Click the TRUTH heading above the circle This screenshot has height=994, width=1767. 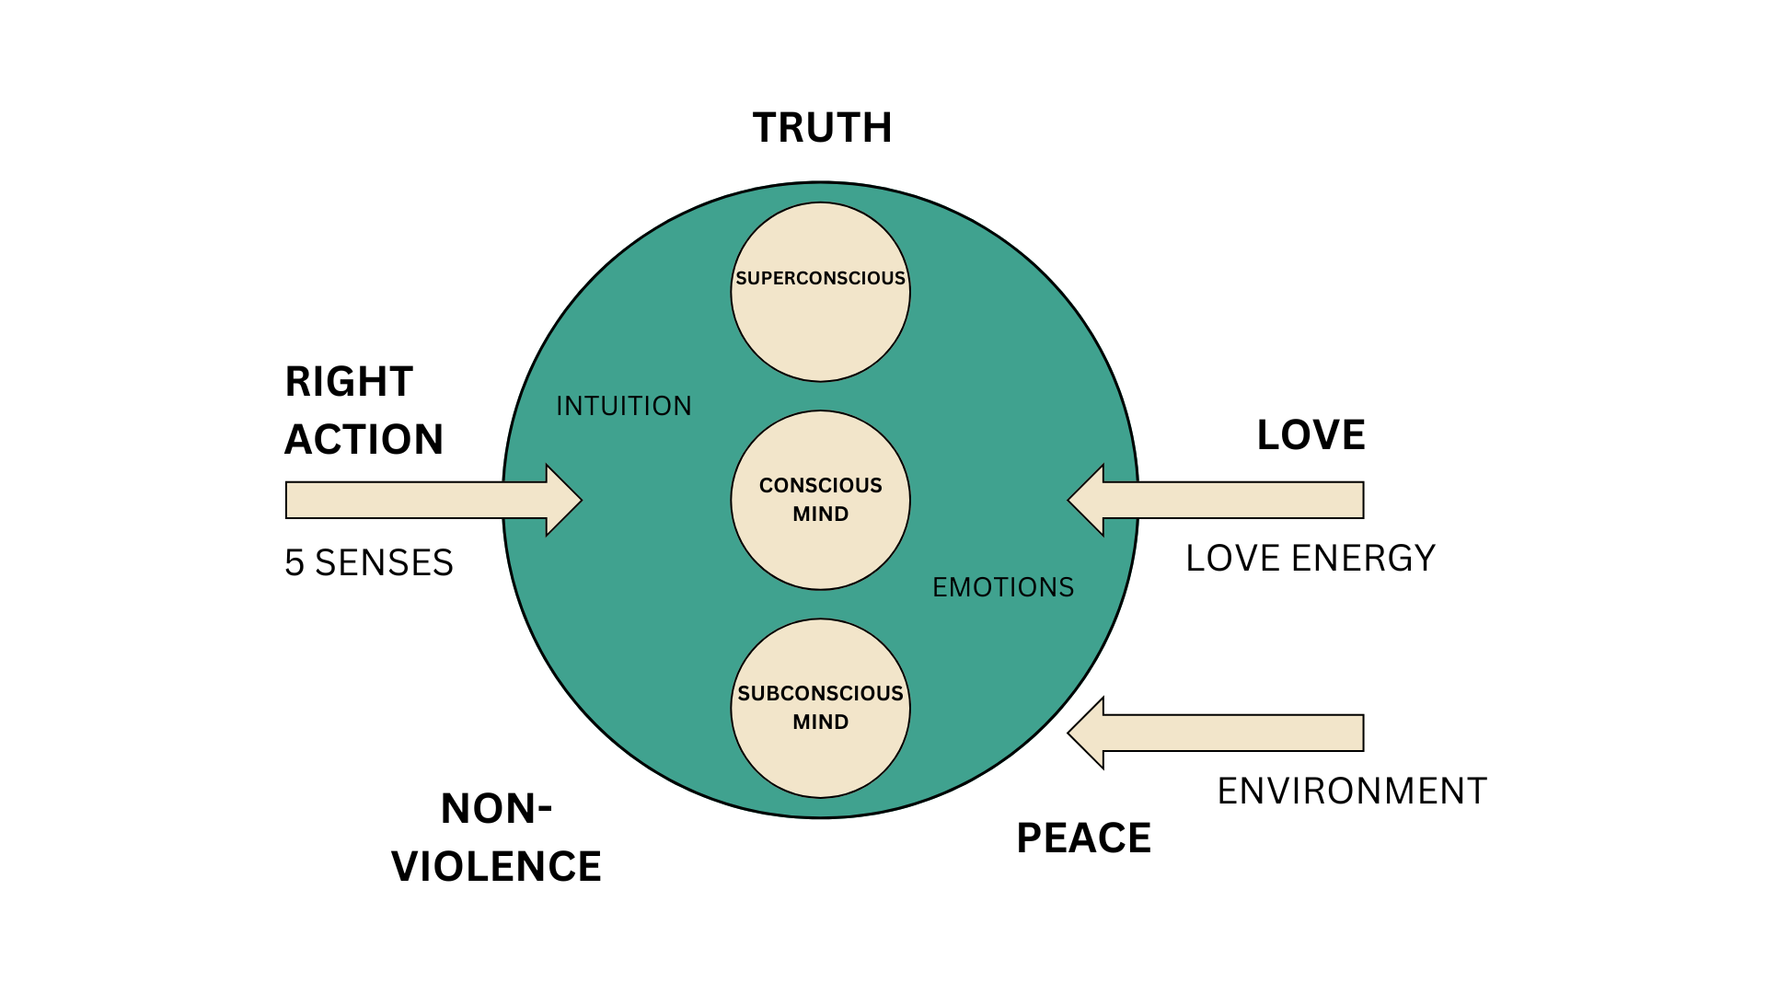point(822,128)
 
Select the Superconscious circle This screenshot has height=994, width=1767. point(820,313)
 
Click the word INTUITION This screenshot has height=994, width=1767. point(623,406)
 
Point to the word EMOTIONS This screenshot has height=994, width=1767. point(1003,587)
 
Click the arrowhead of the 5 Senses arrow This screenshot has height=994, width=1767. point(562,500)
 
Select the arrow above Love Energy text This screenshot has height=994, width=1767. point(1215,500)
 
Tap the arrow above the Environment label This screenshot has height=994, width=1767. point(1215,733)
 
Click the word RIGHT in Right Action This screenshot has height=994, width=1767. point(349,382)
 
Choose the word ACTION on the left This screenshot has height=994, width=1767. point(364,440)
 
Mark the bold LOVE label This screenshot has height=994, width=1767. point(1311,435)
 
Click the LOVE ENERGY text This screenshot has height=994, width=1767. point(1310,559)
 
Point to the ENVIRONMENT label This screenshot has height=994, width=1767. point(1351,792)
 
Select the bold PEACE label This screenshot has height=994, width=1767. point(1083,838)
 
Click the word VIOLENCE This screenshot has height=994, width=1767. point(496,867)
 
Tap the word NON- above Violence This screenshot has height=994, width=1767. point(496,809)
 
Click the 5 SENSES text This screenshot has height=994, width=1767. point(368,563)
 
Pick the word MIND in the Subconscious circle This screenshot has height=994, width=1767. point(820,722)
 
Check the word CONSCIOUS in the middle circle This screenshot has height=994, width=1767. point(820,485)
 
